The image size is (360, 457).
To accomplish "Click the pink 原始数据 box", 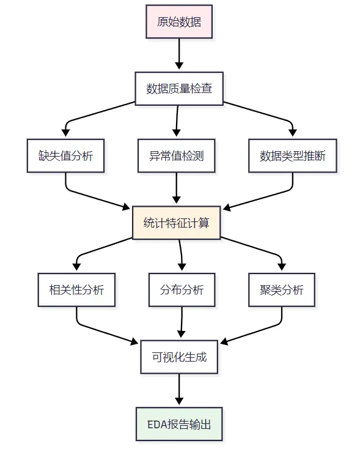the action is point(179,21).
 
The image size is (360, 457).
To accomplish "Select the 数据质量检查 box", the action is point(179,89).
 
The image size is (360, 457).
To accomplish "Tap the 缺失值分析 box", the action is point(65,155).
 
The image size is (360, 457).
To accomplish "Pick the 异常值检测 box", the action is point(176,155).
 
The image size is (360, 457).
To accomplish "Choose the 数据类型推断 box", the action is point(292,155).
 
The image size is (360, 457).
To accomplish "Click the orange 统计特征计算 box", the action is point(176,223).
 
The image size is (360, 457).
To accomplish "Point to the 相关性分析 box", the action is point(76,290).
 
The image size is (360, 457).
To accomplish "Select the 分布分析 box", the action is point(182,290).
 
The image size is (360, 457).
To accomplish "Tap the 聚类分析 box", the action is point(282,290).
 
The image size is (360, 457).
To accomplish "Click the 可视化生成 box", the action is point(179,357).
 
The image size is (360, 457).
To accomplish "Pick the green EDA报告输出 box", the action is point(179,424).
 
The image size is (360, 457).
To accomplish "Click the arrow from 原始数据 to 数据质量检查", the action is point(179,54).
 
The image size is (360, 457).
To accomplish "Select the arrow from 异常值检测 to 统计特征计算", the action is point(176,188).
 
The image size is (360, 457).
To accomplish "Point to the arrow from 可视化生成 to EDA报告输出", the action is point(179,389).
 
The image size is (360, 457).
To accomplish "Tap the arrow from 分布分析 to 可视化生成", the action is point(182,322).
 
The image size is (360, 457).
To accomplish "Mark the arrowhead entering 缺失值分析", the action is point(65,133).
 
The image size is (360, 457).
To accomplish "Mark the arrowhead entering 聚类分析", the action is point(282,267).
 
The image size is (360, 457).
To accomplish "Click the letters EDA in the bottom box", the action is point(158,425).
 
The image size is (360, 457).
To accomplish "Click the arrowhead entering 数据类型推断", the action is point(292,133).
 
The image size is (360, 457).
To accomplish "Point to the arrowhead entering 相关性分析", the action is point(76,267).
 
